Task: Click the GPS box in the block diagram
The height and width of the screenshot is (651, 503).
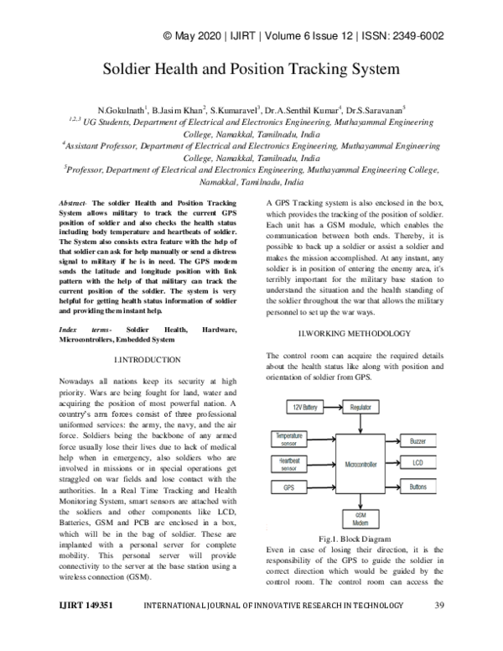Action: tap(288, 487)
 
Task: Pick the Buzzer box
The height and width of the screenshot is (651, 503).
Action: tap(417, 440)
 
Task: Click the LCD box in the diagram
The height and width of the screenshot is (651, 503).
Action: tap(417, 463)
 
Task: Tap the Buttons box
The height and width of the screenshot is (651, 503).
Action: tap(417, 487)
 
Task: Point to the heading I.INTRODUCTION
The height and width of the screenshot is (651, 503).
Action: tap(146, 359)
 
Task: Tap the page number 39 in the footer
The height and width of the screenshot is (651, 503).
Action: tap(439, 628)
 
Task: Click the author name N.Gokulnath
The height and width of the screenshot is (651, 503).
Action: tap(122, 110)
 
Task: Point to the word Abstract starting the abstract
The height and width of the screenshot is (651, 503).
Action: tap(74, 204)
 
